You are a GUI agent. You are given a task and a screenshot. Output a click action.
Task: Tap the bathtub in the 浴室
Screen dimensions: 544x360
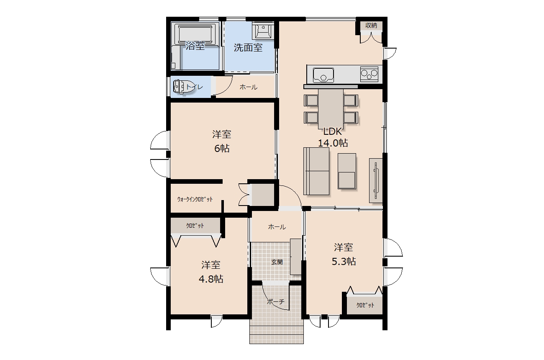pos(195,34)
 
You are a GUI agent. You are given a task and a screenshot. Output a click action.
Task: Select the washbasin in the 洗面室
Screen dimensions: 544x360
pos(263,31)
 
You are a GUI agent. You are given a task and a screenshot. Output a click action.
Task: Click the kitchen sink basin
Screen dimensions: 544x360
pos(323,75)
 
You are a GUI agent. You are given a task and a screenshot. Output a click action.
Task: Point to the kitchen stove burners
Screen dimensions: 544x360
pos(369,74)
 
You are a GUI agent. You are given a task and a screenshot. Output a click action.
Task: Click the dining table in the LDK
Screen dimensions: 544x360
pos(331,109)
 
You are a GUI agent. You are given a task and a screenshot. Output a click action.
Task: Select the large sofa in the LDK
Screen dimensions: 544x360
pos(316,171)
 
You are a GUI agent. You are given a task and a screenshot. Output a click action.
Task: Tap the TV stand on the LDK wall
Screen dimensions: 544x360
pos(376,180)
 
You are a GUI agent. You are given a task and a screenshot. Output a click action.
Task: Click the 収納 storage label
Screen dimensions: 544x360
pos(371,26)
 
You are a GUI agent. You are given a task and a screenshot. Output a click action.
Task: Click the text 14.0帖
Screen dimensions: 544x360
pos(333,143)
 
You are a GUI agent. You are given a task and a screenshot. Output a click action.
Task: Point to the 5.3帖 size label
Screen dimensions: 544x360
pos(344,261)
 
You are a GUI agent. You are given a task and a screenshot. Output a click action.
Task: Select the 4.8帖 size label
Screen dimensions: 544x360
pos(211,279)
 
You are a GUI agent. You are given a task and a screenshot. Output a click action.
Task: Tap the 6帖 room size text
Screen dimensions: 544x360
pos(222,149)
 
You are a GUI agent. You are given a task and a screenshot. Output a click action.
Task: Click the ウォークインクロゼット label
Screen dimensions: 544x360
pos(195,199)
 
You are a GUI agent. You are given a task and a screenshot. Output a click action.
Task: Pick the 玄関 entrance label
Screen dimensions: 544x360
pos(277,262)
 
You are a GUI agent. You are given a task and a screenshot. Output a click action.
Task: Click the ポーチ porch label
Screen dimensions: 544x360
pos(276,302)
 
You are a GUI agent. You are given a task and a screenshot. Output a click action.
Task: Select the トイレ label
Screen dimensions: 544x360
pos(194,87)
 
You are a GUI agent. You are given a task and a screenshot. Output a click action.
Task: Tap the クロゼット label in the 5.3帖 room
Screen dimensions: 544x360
pos(365,305)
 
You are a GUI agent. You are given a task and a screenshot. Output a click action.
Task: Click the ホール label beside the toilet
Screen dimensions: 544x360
pos(249,87)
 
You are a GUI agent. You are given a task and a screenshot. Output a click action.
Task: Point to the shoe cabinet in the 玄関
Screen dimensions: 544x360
pos(296,257)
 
